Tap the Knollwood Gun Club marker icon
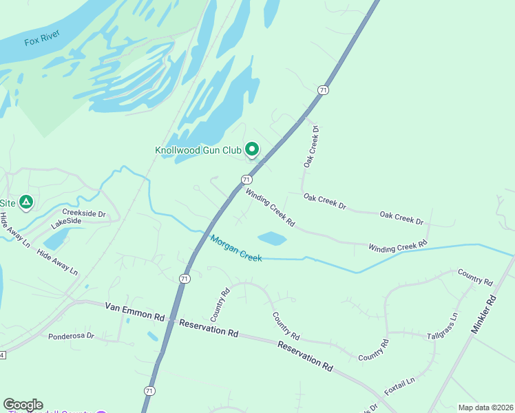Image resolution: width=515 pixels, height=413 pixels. tap(252, 149)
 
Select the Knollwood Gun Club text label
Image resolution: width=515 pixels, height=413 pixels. tap(198, 149)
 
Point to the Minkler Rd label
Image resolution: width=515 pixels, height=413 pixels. tap(483, 315)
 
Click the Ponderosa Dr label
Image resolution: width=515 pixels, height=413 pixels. tap(71, 336)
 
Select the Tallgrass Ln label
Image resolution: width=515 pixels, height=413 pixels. tap(442, 327)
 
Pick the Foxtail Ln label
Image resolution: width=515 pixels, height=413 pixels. tap(400, 385)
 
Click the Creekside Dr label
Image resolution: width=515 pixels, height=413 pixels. tap(83, 213)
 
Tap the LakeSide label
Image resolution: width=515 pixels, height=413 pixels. tap(66, 222)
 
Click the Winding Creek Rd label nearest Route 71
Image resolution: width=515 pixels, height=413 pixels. tap(270, 209)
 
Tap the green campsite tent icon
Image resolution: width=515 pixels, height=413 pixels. tap(25, 202)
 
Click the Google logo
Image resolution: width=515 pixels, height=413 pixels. tap(23, 405)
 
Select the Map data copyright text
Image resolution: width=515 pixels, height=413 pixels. tap(485, 407)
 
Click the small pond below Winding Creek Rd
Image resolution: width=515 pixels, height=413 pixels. tap(272, 238)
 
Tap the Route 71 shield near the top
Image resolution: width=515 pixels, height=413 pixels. tap(322, 90)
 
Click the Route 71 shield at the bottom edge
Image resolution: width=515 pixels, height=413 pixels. tap(149, 390)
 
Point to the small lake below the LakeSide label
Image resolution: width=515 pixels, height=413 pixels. tap(56, 238)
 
